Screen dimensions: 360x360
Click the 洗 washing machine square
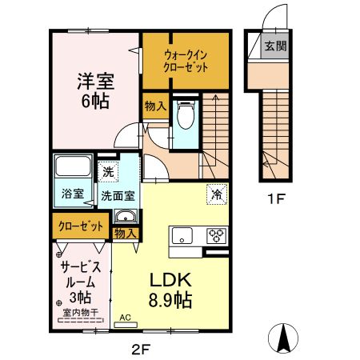pyautogui.click(x=107, y=171)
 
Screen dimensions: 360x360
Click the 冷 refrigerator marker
pyautogui.click(x=216, y=193)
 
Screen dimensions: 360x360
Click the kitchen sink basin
pyautogui.click(x=182, y=236)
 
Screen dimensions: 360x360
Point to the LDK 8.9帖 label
pyautogui.click(x=171, y=290)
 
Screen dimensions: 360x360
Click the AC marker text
pyautogui.click(x=125, y=317)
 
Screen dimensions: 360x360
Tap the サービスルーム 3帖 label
pyautogui.click(x=78, y=281)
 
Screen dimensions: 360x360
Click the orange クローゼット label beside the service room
pyautogui.click(x=78, y=227)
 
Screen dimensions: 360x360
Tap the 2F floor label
pyautogui.click(x=142, y=348)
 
